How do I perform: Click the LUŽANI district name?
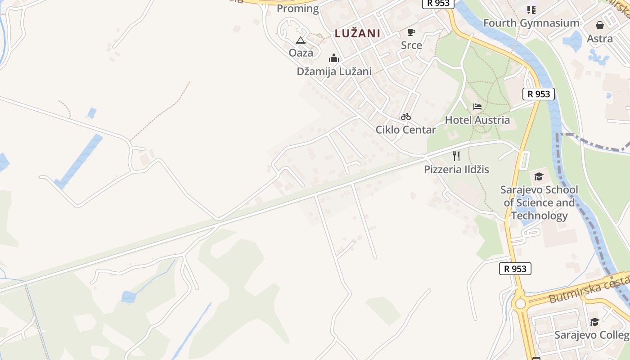(357, 33)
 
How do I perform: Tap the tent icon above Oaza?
(301, 40)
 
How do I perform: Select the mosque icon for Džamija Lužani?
(333, 58)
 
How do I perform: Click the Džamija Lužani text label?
(334, 71)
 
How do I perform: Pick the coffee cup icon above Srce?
(411, 32)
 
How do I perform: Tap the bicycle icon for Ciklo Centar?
(406, 117)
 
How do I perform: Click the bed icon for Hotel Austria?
(477, 107)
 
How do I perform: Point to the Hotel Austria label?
(477, 120)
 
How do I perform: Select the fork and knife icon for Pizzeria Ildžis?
(456, 156)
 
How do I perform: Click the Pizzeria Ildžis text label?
(456, 169)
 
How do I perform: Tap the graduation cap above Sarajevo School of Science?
(539, 176)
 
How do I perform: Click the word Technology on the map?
(539, 216)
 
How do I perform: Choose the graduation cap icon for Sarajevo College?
(594, 322)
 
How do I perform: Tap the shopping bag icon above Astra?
(600, 25)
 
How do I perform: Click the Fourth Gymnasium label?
(531, 23)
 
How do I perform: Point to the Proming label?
(297, 9)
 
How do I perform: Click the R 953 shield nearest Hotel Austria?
(538, 94)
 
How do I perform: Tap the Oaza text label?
(301, 53)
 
